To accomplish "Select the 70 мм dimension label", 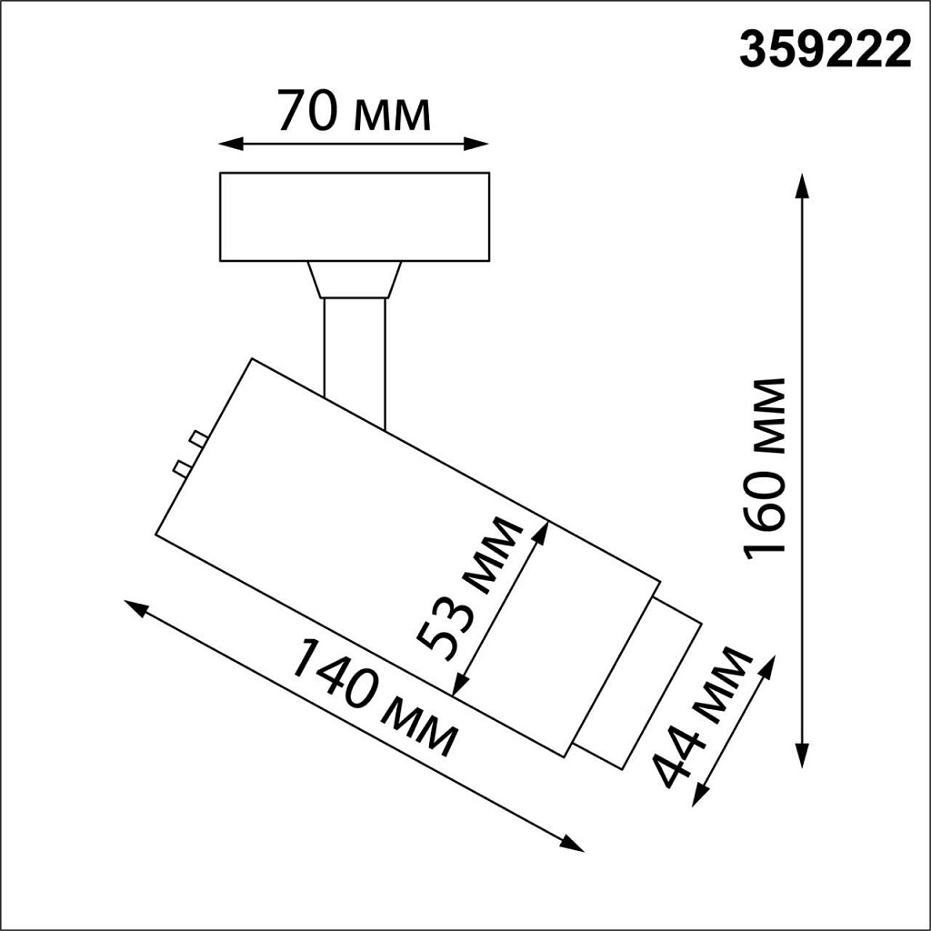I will click(354, 112).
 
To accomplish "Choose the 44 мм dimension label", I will click(705, 717).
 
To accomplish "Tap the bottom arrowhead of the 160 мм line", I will click(802, 756).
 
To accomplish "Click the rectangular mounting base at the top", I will click(355, 216).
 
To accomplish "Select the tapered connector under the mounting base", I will click(355, 279).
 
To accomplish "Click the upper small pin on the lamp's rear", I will click(196, 440).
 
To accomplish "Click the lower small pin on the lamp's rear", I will click(182, 468).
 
